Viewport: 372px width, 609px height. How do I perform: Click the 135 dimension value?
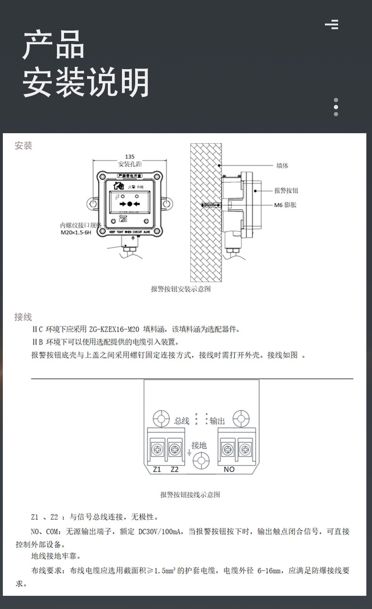pos(130,156)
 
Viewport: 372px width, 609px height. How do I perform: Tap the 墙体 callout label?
pos(282,166)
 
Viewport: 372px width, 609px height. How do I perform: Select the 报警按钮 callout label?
pos(286,191)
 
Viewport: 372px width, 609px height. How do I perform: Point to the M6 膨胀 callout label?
pos(285,205)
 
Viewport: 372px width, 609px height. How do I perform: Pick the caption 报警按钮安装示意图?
pos(181,289)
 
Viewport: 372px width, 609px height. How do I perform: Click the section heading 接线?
pos(23,317)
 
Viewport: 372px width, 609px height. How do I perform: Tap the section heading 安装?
pos(24,146)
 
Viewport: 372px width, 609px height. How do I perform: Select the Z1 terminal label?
pos(157,469)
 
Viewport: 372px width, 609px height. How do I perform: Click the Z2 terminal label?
pos(175,469)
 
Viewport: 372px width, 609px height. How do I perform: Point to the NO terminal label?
pos(229,469)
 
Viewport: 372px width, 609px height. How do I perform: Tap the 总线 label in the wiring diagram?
pos(182,421)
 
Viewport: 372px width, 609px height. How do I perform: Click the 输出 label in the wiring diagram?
pos(218,421)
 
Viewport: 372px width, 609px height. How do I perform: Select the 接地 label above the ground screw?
pos(199,445)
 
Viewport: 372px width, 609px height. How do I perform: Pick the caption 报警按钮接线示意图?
pos(190,495)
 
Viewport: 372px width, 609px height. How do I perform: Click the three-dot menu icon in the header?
pos(336,107)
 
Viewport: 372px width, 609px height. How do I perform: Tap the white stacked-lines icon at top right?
pos(332,24)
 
